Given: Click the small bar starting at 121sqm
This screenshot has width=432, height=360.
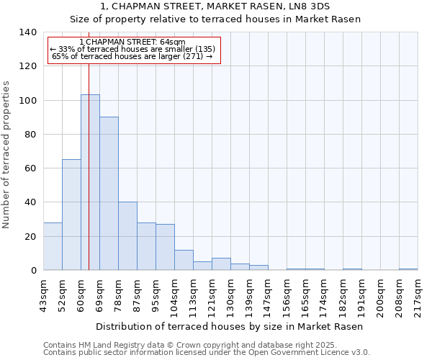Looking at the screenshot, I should coord(221,264).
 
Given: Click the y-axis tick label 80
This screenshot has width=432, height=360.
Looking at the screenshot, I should coord(30,135).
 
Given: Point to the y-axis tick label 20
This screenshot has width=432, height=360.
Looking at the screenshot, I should coord(30,237).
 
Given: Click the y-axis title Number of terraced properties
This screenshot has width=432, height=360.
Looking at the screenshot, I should coord(7,154).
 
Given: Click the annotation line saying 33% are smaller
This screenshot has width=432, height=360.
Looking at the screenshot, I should coord(132,49).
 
